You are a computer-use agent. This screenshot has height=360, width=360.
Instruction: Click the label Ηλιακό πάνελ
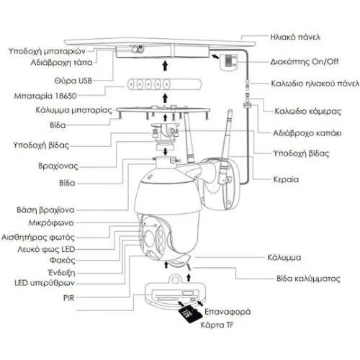click(295, 37)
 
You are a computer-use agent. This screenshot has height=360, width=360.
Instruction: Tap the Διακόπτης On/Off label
click(305, 62)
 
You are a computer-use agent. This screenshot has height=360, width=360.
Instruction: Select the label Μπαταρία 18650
click(45, 96)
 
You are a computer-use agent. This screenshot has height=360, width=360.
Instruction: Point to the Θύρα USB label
click(73, 81)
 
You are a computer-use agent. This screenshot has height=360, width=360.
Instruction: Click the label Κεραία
click(286, 179)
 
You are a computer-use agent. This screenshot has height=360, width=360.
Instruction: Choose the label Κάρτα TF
click(217, 325)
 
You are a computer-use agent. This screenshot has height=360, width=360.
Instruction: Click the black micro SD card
click(190, 314)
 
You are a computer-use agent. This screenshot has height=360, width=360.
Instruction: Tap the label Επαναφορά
click(228, 312)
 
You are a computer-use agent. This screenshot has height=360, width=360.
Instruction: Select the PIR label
click(69, 298)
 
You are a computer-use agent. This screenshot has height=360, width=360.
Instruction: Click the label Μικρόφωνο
click(51, 223)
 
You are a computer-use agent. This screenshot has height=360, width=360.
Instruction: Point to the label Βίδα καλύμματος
click(308, 279)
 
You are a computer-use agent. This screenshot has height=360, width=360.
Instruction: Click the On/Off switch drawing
click(229, 62)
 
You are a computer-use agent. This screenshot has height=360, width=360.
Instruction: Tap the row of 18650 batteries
click(164, 84)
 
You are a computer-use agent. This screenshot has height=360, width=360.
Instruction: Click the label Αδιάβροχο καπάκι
click(307, 133)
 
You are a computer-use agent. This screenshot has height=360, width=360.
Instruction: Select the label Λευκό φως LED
click(46, 249)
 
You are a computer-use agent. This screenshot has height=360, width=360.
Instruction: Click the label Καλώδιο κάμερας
click(307, 112)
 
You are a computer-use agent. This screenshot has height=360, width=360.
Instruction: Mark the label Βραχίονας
click(58, 166)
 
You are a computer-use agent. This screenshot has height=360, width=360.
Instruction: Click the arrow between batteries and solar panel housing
click(165, 66)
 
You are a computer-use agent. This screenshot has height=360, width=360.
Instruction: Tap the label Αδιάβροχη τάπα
click(61, 63)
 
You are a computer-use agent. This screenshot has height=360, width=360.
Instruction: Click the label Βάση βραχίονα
click(45, 210)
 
